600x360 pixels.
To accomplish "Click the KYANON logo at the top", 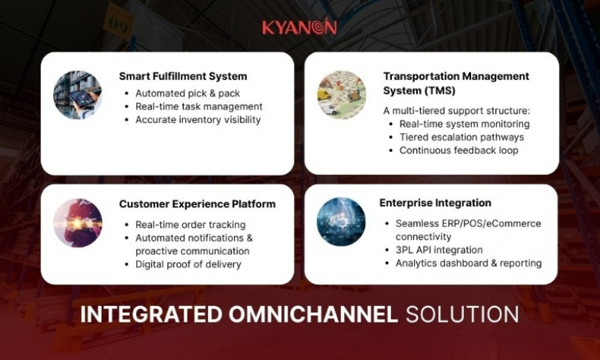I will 299,27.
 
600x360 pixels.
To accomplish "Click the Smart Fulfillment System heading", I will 183,76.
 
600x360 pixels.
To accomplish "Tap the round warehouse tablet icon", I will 78,94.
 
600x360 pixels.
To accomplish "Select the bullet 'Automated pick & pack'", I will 187,93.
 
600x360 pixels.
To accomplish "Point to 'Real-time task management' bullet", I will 199,107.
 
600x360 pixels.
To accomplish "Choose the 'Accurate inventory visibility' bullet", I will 197,120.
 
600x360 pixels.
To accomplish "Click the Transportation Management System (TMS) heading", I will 456,84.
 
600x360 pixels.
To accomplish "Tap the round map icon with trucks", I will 341,94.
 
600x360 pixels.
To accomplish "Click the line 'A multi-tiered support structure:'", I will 456,110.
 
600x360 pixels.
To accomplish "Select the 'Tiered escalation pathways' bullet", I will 462,137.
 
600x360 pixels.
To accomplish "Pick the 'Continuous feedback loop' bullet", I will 459,150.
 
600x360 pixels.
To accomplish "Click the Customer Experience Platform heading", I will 197,204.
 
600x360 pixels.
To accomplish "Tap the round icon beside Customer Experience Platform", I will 78,223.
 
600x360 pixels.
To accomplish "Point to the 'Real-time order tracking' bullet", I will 190,225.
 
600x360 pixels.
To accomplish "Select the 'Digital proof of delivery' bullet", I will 188,264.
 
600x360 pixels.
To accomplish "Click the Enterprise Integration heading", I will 435,203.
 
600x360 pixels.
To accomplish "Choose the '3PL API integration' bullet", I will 439,250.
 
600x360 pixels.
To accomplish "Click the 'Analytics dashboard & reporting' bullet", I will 468,264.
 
